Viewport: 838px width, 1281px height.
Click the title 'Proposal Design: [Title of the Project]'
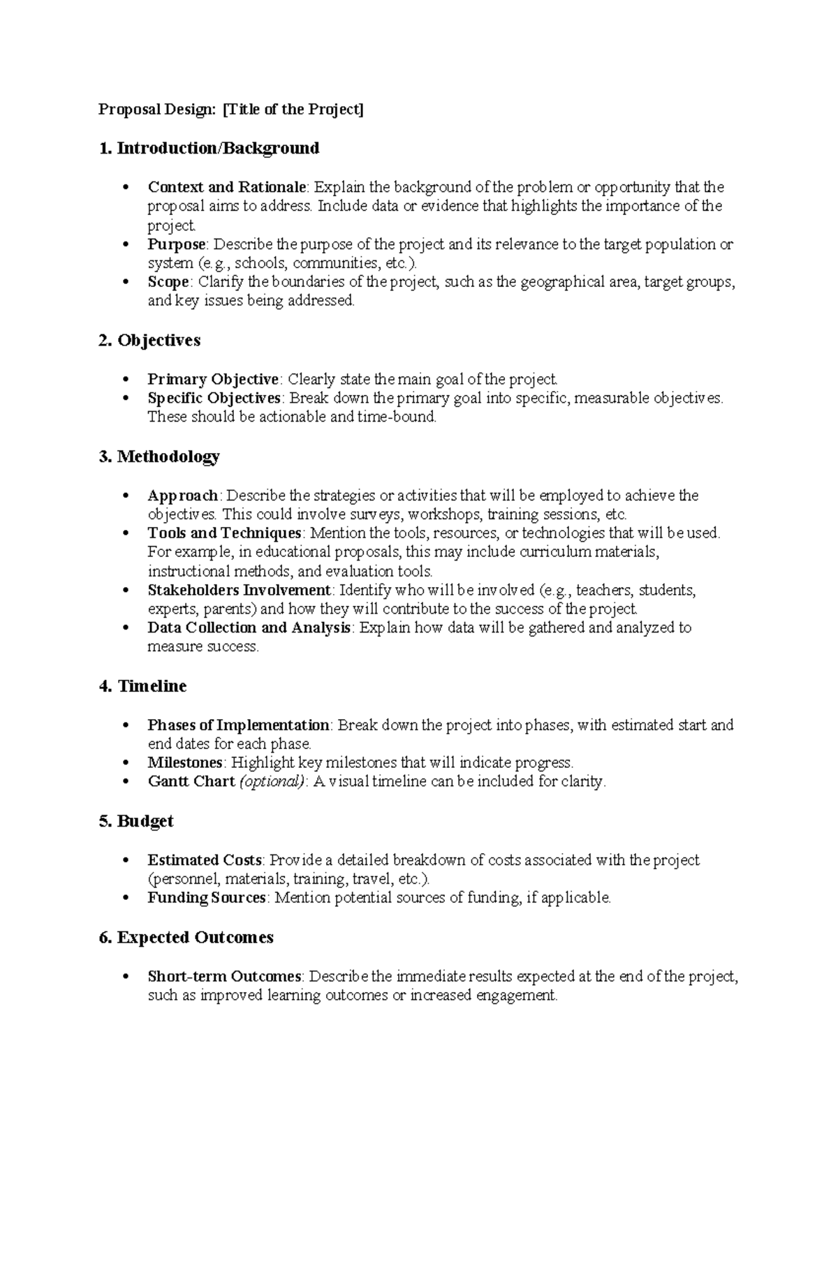tap(230, 110)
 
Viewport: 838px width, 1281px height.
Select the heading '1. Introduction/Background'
tap(209, 148)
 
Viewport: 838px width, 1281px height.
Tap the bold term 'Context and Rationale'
tap(226, 187)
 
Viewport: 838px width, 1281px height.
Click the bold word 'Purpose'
tap(176, 244)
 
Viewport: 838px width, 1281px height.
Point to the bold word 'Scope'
tap(168, 282)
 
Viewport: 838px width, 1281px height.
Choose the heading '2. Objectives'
tap(149, 340)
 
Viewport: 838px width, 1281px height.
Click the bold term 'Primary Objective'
tap(213, 379)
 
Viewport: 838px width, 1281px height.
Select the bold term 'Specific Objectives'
tap(214, 398)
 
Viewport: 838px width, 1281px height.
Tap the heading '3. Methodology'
tap(159, 457)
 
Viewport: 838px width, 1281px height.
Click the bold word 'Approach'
tap(183, 496)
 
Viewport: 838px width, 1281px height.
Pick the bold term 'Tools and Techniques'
tap(224, 533)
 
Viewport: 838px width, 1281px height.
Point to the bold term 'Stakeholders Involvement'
tap(240, 591)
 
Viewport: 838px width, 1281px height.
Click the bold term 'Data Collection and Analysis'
tap(249, 628)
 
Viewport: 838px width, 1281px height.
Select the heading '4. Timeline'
tap(142, 686)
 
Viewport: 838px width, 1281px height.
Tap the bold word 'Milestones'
tap(185, 762)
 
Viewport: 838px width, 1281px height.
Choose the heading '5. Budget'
tap(136, 821)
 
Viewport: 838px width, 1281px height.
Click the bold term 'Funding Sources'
tap(206, 898)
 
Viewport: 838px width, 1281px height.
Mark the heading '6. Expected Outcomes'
tap(186, 938)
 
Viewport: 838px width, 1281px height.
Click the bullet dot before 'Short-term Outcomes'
tap(126, 977)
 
